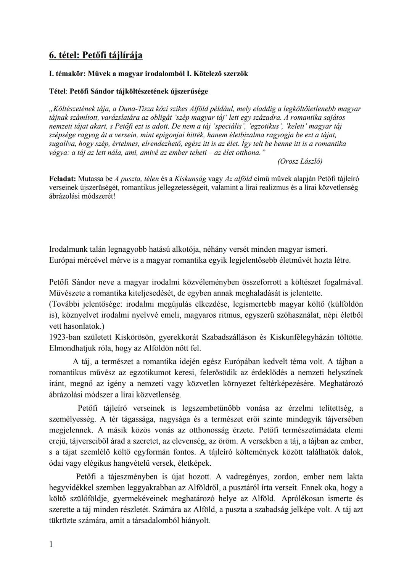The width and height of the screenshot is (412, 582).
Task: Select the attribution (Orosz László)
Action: click(299, 161)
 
